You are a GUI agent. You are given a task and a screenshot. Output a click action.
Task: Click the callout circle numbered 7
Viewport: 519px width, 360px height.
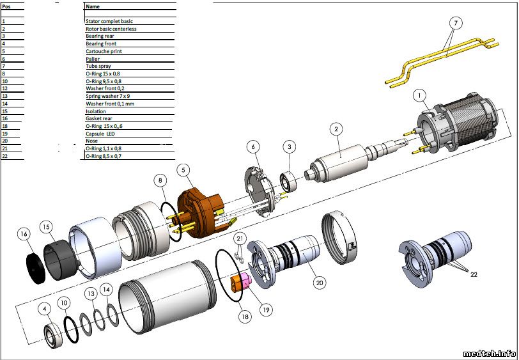(456, 23)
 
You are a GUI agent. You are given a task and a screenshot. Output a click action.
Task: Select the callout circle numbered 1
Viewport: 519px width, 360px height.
(420, 96)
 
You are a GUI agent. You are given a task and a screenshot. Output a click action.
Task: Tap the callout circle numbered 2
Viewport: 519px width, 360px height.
(336, 129)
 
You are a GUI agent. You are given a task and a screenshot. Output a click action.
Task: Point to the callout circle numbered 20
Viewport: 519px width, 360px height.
(320, 283)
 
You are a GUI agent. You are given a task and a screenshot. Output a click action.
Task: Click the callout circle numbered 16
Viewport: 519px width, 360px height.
(24, 234)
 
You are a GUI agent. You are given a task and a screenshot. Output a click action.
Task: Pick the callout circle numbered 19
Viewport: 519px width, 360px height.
(266, 309)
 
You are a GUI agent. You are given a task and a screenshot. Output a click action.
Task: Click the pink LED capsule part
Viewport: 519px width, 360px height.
(246, 281)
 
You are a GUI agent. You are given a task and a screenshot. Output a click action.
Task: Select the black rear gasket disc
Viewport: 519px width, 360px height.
(35, 269)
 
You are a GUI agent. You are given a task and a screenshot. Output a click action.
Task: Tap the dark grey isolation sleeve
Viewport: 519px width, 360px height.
(61, 260)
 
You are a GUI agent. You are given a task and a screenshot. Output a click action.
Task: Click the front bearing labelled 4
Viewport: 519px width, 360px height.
(53, 335)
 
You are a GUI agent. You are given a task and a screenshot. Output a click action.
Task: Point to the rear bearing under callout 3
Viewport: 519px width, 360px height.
(288, 182)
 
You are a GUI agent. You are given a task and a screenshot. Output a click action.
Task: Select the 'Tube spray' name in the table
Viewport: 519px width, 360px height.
(98, 66)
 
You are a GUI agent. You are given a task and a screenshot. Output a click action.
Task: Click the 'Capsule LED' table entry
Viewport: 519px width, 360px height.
(100, 134)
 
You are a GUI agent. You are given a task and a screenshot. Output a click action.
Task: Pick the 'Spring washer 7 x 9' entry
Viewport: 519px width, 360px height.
(107, 96)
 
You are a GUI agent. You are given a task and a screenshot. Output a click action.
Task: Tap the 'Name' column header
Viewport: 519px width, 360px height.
(92, 6)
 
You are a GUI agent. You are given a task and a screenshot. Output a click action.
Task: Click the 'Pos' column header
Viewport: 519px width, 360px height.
(6, 6)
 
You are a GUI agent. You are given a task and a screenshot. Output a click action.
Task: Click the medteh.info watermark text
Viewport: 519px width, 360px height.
(489, 354)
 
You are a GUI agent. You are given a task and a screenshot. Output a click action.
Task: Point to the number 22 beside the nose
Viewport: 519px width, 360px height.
(474, 274)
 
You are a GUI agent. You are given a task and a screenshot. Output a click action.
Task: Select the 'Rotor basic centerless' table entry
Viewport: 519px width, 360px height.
(111, 29)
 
